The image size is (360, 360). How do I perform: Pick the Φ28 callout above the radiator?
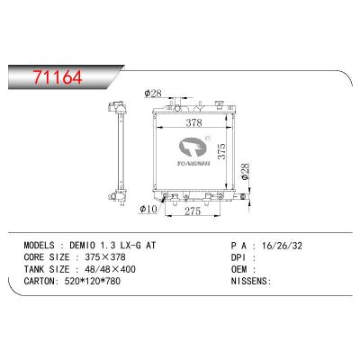153,92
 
